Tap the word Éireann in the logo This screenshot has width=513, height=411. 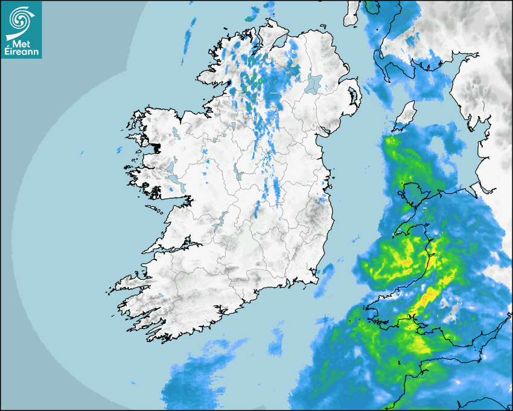(x=22, y=53)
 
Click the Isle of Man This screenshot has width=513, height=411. (x=406, y=115)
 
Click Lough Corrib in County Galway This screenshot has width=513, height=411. (x=171, y=166)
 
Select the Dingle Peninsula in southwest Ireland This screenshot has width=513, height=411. (x=130, y=282)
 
